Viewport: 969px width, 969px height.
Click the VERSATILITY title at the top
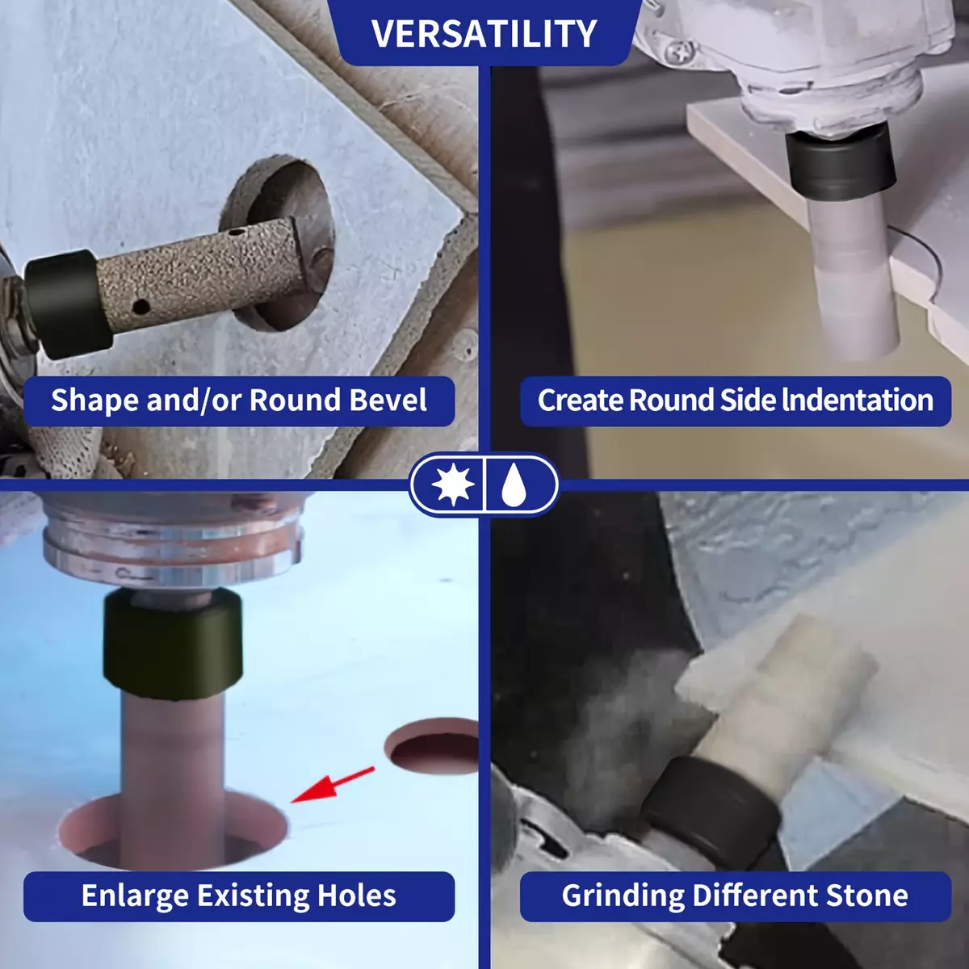click(484, 34)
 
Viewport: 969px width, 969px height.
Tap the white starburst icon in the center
click(452, 484)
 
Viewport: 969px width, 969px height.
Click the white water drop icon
click(514, 484)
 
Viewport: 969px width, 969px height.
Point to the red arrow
click(333, 784)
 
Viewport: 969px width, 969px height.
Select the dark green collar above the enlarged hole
click(173, 644)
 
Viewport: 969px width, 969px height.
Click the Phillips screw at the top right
click(682, 52)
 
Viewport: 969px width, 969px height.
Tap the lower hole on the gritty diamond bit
click(142, 306)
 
